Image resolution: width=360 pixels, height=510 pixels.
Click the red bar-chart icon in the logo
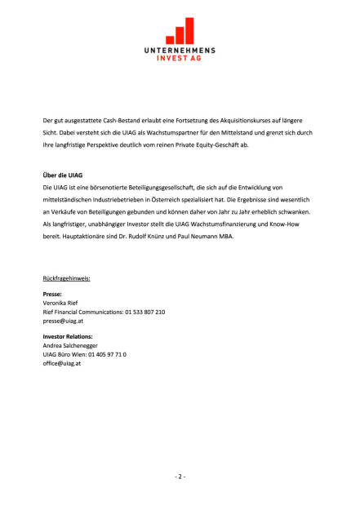pyautogui.click(x=180, y=30)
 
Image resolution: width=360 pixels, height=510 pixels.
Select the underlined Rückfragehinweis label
pyautogui.click(x=66, y=278)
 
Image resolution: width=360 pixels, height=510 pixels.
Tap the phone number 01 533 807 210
pyautogui.click(x=144, y=312)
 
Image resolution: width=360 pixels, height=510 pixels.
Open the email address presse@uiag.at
pyautogui.click(x=63, y=321)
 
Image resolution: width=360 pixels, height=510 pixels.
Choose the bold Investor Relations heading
pyautogui.click(x=68, y=336)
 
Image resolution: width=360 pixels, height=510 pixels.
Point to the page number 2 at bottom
pyautogui.click(x=180, y=477)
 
